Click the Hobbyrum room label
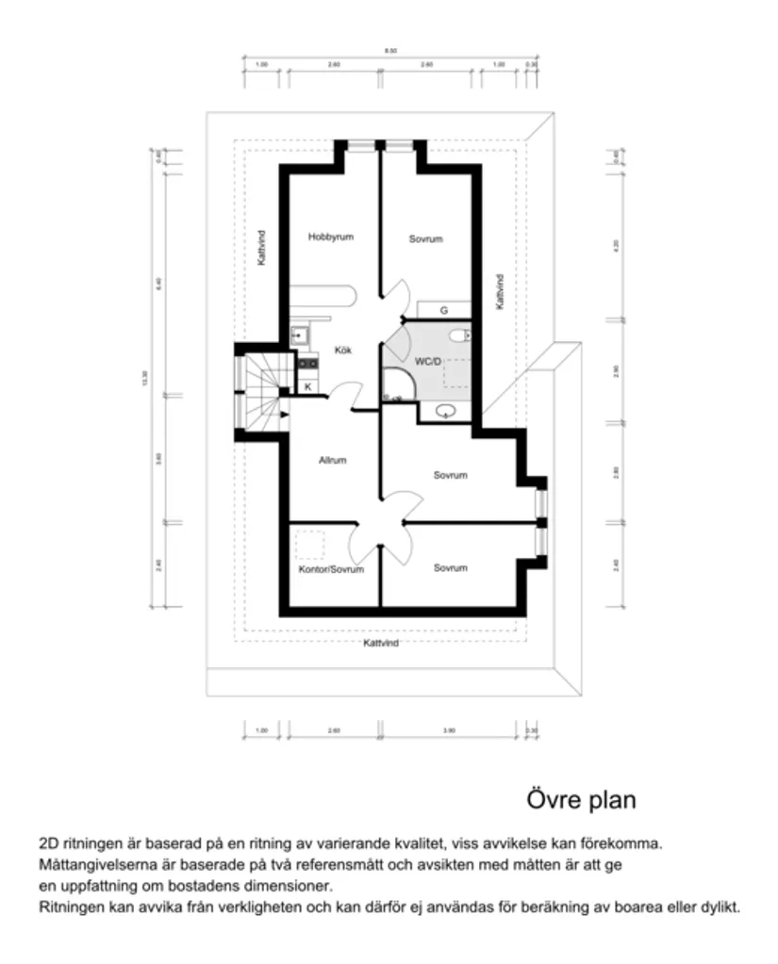click(x=330, y=237)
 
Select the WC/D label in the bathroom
click(x=427, y=361)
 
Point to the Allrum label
click(x=332, y=461)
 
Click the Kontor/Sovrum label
click(x=330, y=569)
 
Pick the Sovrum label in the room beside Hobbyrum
click(x=425, y=239)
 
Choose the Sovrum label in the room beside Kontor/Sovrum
click(x=450, y=568)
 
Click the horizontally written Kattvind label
click(x=381, y=643)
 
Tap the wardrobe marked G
click(x=443, y=309)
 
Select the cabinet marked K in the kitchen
click(x=307, y=386)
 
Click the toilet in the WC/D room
click(x=459, y=335)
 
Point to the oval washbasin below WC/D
click(x=448, y=411)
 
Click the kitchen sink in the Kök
click(x=300, y=335)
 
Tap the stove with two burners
click(x=306, y=359)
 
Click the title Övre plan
click(x=580, y=800)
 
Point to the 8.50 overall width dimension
click(x=390, y=50)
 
